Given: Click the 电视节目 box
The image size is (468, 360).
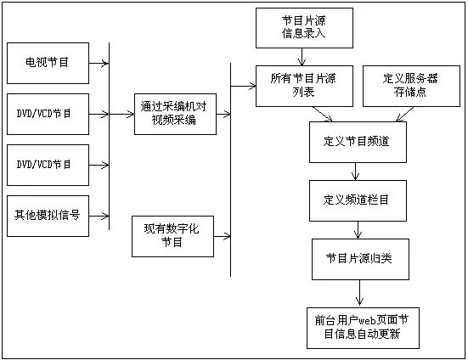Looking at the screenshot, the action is tap(48, 63).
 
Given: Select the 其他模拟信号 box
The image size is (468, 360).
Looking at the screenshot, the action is tap(48, 216).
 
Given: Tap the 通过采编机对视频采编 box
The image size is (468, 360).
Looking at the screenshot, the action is tap(175, 114).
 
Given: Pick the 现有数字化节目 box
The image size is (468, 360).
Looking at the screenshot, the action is tap(172, 236).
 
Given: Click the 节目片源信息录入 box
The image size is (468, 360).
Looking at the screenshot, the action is tap(304, 28).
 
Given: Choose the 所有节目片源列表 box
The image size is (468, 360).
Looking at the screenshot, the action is tap(304, 86).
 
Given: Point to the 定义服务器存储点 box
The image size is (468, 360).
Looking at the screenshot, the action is tap(411, 86).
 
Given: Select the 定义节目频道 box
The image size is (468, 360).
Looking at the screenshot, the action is tap(358, 142).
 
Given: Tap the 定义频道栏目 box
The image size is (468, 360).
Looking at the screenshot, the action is tap(358, 200).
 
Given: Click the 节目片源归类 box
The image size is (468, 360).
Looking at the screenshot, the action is tap(360, 259).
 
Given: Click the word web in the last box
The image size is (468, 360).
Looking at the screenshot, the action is tap(367, 321).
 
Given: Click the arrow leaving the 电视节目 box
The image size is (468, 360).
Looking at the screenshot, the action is tap(99, 63).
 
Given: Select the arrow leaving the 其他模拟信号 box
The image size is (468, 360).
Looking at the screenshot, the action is tap(99, 216).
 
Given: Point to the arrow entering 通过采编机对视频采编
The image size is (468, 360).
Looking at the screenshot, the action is tap(121, 114).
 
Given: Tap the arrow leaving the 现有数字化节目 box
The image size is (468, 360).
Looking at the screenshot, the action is tap(222, 236).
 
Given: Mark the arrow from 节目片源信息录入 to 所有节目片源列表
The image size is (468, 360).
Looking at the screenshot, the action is tap(302, 57).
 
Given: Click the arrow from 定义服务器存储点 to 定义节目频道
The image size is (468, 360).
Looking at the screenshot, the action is tap(405, 115).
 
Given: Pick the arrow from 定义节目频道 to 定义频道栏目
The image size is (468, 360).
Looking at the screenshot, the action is tap(355, 172).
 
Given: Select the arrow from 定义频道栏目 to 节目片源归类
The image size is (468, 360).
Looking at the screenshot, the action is tap(358, 230).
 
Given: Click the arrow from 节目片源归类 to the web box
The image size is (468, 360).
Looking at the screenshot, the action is tap(359, 293).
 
